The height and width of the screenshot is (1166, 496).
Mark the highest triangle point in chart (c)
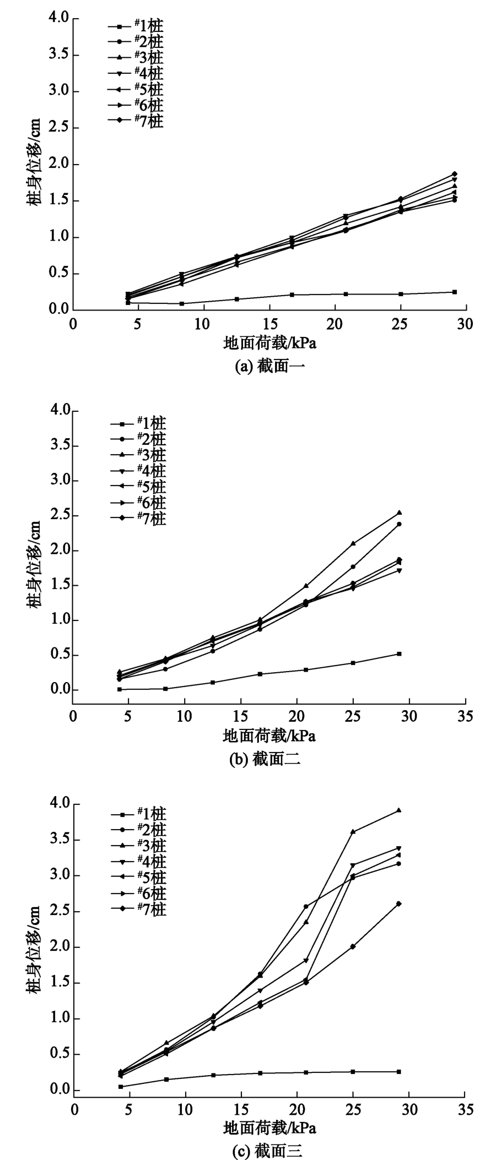click(x=398, y=810)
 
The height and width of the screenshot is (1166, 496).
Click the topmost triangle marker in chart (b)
click(x=398, y=513)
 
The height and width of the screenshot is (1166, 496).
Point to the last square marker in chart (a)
click(x=455, y=292)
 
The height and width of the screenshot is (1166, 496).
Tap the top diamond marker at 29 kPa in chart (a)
click(x=455, y=174)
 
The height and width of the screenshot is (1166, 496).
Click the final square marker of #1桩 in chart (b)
click(x=398, y=653)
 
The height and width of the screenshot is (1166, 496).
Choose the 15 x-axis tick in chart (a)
click(x=269, y=324)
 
